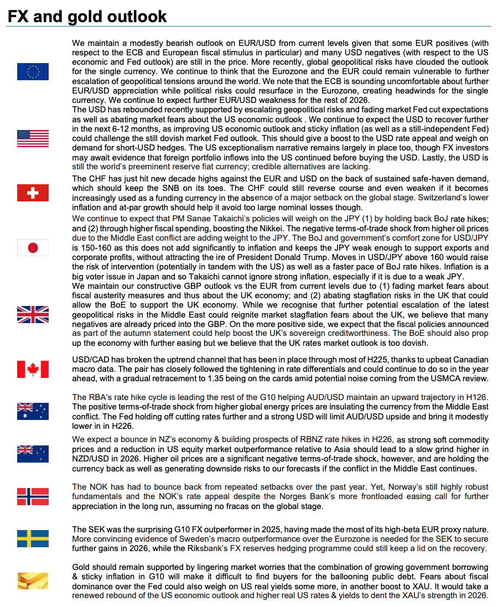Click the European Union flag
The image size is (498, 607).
pos(33,72)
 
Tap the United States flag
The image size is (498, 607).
pos(33,138)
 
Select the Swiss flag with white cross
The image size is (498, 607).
pos(33,193)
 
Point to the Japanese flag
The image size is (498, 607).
pos(33,247)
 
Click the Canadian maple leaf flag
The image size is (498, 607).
pos(33,369)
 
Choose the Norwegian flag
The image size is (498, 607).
pos(33,496)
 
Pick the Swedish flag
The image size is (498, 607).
pos(33,538)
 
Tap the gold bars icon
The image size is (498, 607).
pos(33,580)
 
